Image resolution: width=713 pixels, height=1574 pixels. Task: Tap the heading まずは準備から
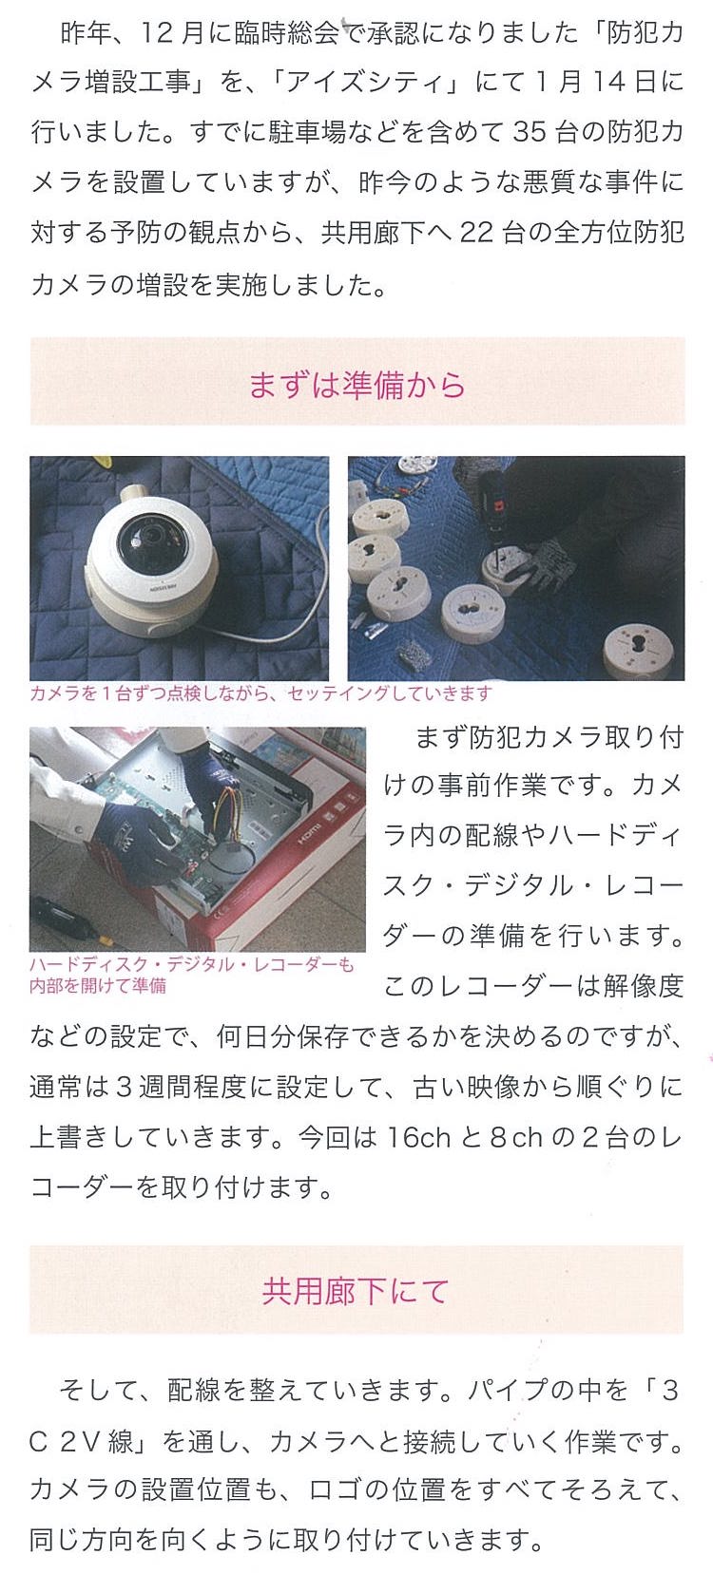pos(357,385)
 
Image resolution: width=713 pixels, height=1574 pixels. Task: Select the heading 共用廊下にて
pos(356,1291)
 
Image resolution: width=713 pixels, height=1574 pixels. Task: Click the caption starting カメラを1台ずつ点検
pos(260,693)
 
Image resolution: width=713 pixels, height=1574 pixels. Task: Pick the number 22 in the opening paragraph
pos(477,233)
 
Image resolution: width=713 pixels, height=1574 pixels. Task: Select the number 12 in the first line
pos(157,32)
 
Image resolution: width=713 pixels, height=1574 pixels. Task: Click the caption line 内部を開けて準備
pos(98,986)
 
